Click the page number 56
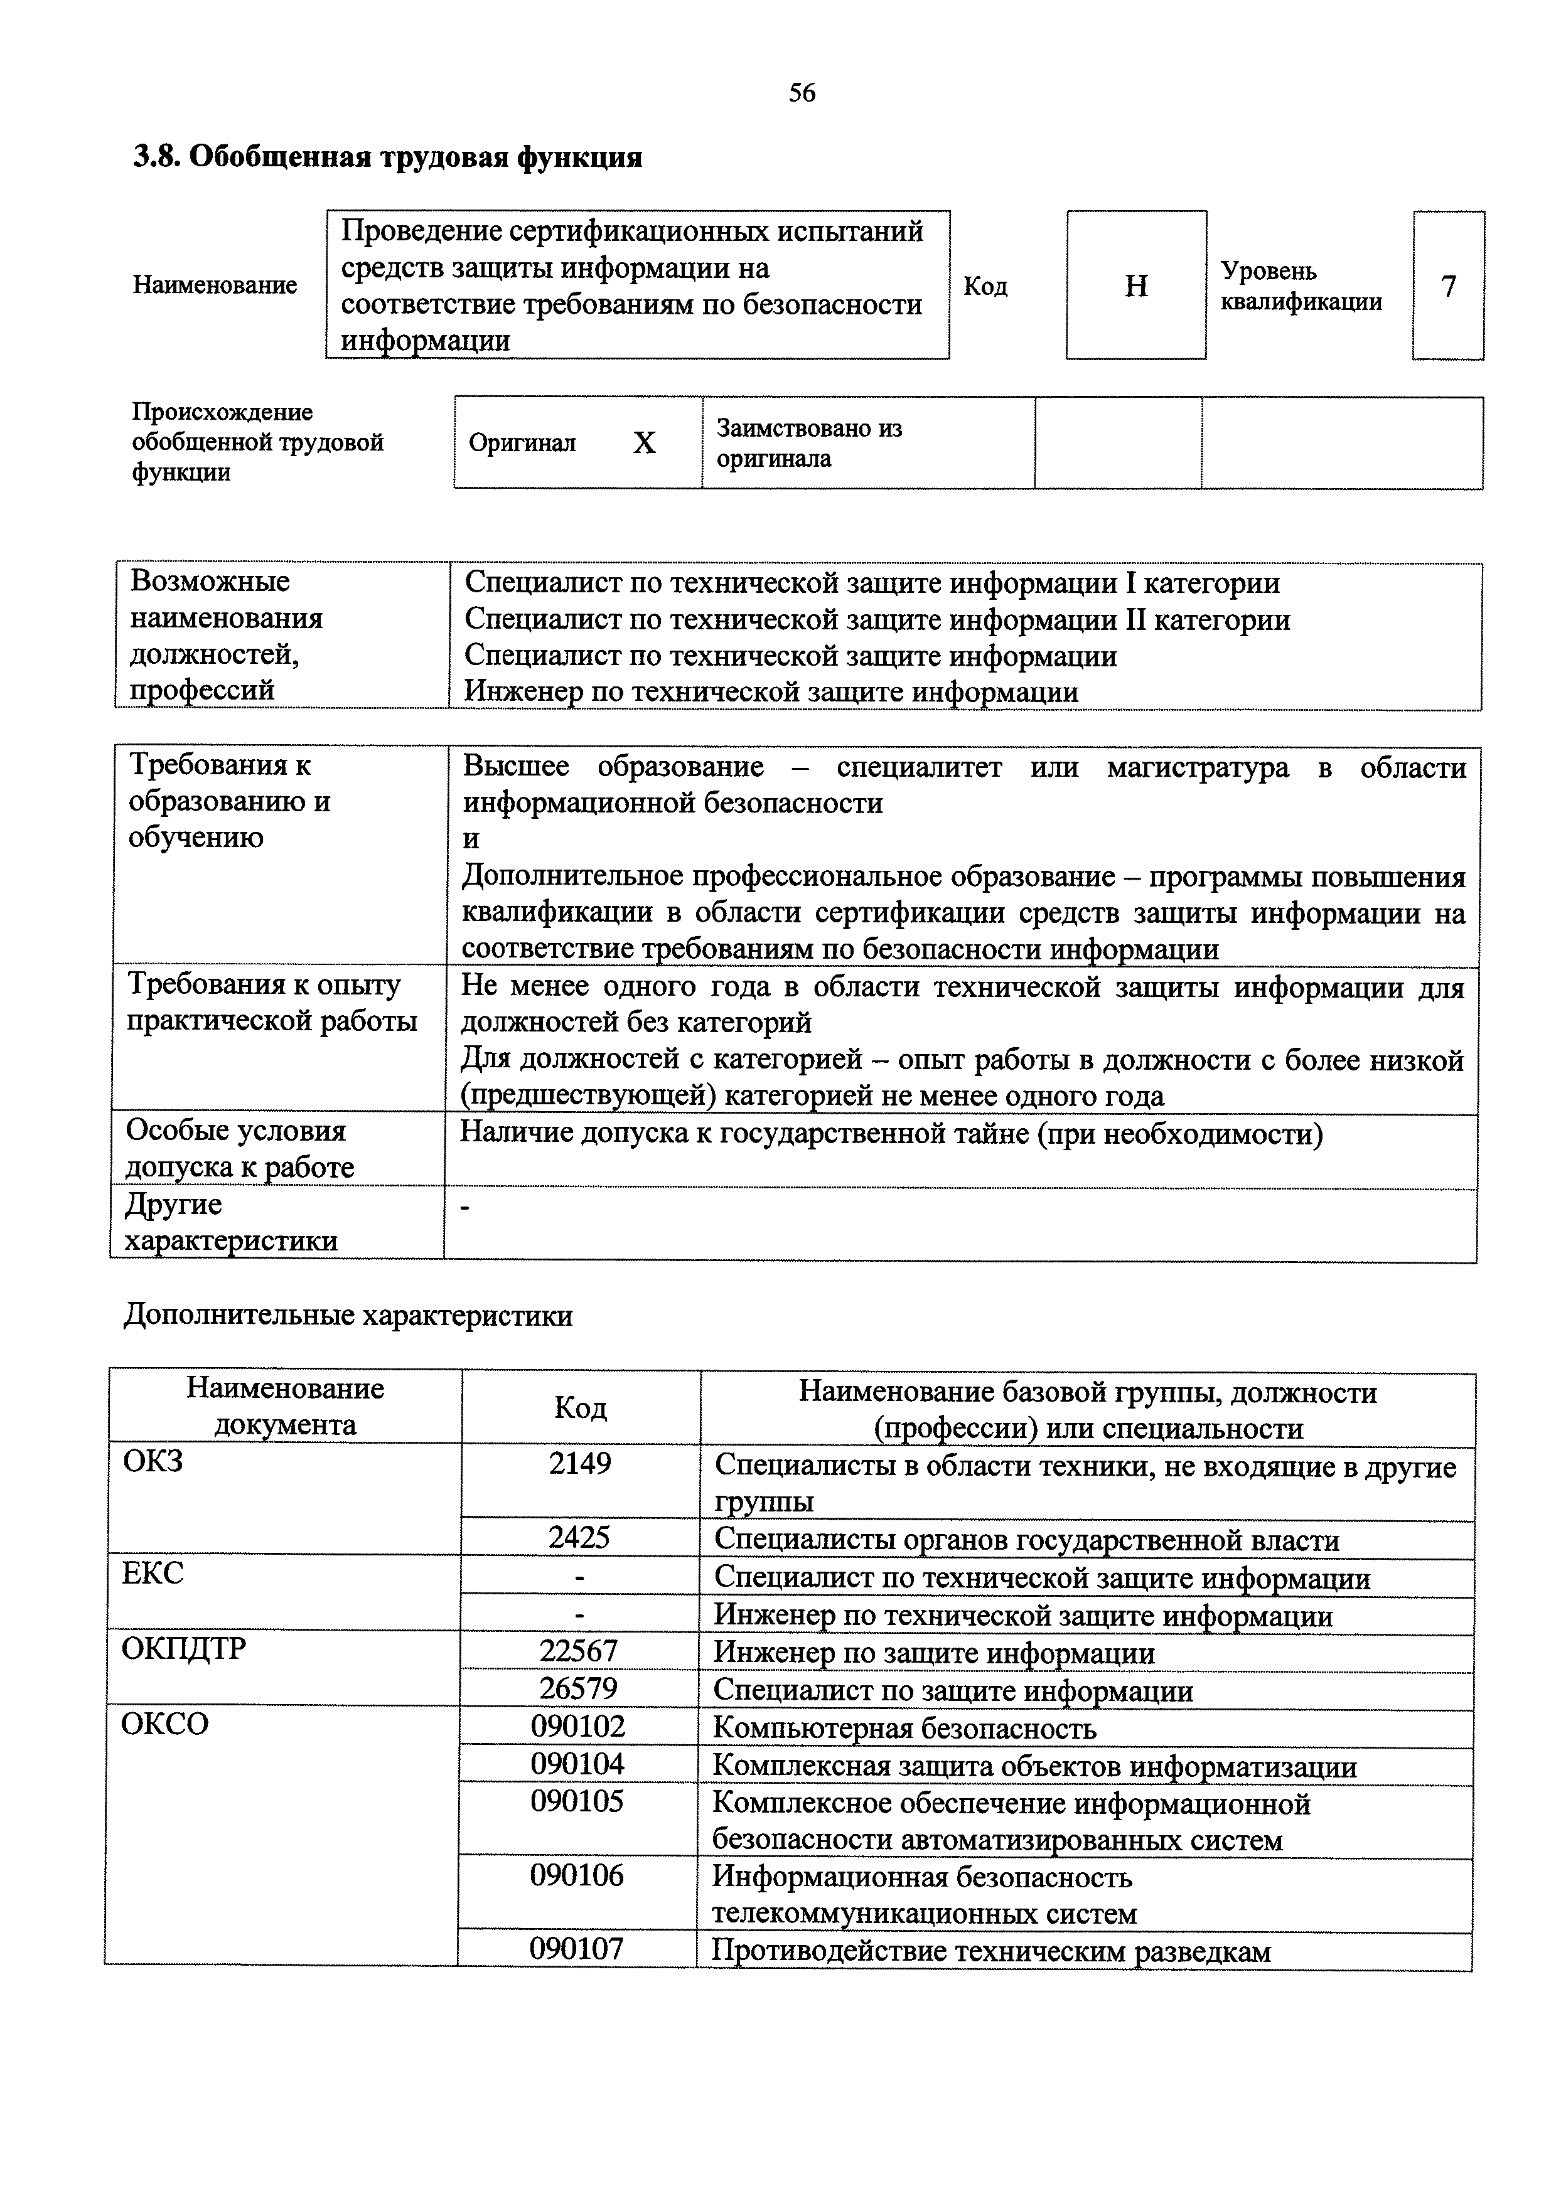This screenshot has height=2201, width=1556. coord(802,93)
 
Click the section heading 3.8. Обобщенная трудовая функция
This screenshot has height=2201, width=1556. coord(387,156)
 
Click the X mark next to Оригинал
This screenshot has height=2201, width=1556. coord(644,443)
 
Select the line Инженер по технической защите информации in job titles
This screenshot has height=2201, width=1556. coord(772,692)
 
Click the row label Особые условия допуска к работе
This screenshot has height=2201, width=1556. coord(240,1148)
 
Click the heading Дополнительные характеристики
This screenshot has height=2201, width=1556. coord(348,1315)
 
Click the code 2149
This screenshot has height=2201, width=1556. coord(580,1464)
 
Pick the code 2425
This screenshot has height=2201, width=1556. coord(579,1538)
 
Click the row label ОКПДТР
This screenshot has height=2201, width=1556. coord(184,1649)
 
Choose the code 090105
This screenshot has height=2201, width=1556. coord(577,1801)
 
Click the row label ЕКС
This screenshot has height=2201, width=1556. coord(153,1573)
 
